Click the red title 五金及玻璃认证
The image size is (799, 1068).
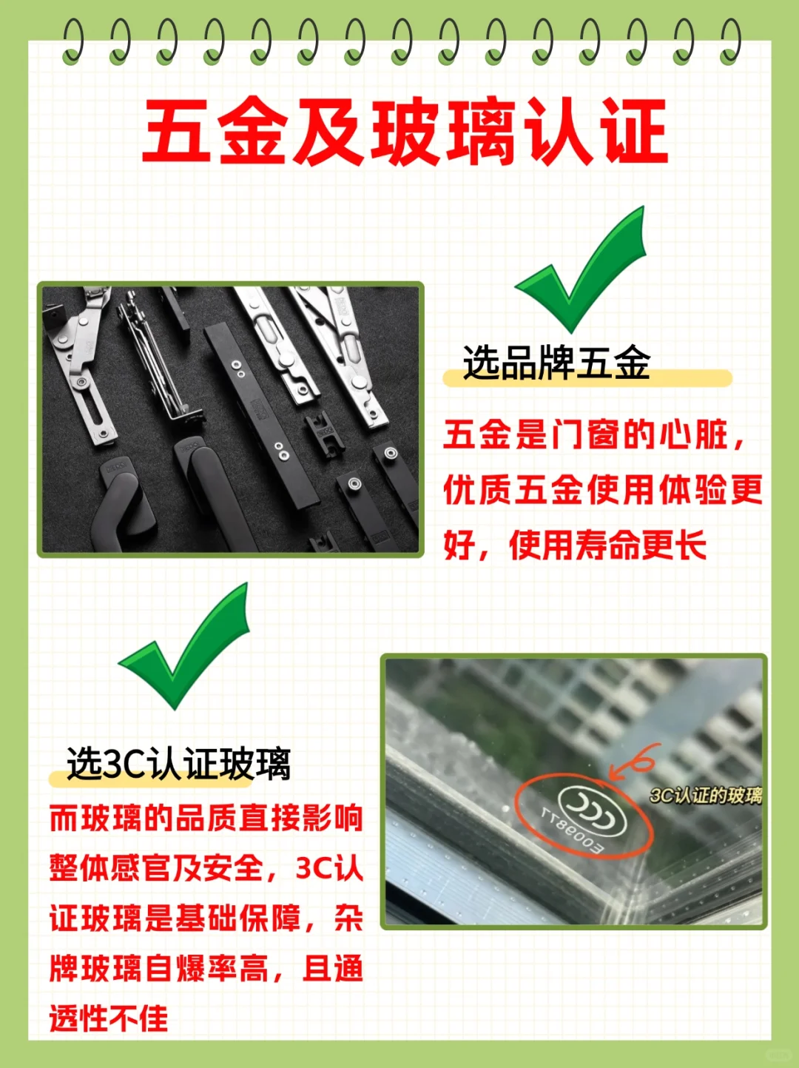point(405,132)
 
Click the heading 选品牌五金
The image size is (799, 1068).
point(556,363)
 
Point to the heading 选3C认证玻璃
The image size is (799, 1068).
point(178,764)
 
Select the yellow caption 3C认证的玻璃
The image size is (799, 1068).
point(705,796)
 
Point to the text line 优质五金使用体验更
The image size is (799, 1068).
point(602,490)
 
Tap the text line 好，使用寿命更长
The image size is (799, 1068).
point(574,545)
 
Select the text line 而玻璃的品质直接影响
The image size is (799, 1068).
point(206,819)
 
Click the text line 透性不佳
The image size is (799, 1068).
point(109,1018)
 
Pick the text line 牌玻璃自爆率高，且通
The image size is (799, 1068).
point(206,968)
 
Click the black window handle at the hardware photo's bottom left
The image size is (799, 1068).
point(123,503)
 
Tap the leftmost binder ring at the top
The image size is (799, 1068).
point(73,41)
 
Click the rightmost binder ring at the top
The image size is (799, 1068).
point(730,41)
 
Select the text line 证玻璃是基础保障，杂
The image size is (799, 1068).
point(206,918)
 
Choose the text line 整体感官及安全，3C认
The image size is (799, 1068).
point(206,868)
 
